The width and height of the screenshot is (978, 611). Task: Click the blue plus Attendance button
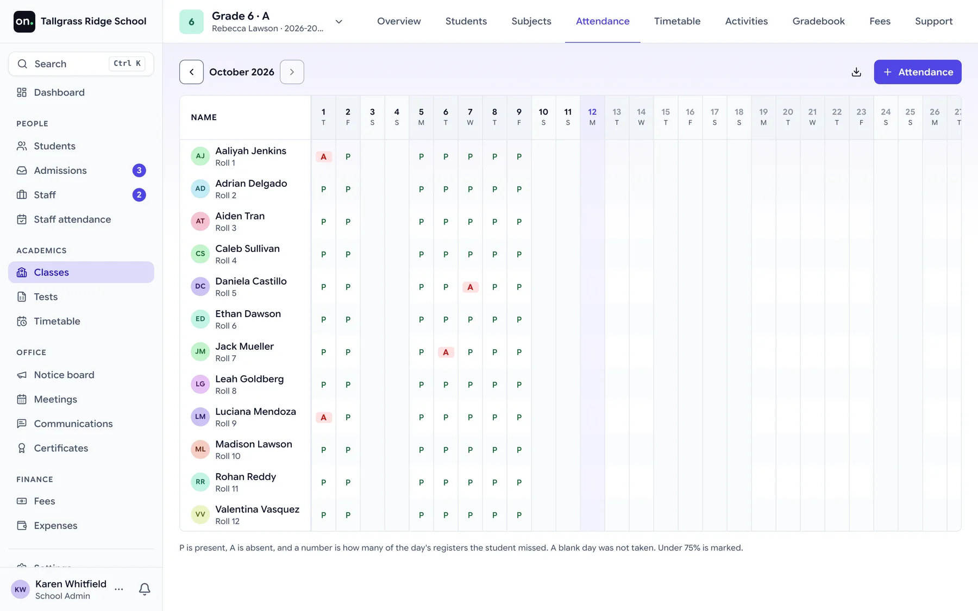point(917,72)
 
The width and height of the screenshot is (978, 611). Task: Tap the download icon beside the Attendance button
point(856,72)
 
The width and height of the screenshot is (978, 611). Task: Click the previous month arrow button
point(191,72)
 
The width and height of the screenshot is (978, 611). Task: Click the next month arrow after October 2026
point(292,72)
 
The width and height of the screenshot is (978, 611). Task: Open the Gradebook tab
point(818,21)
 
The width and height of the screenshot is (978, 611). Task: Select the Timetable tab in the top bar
point(677,21)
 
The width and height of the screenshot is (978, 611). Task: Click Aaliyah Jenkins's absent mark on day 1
point(323,156)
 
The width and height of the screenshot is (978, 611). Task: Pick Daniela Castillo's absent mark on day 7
point(470,287)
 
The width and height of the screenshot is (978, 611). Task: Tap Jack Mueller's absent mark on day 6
point(446,352)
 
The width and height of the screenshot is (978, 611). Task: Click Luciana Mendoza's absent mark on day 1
point(323,417)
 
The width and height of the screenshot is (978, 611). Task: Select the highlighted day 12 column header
point(592,117)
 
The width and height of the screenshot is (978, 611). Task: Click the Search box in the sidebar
point(81,64)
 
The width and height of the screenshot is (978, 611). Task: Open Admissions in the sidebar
point(60,171)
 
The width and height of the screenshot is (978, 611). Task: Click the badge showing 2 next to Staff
point(139,194)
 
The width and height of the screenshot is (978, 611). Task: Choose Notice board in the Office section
point(64,375)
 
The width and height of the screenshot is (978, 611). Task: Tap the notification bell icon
point(145,589)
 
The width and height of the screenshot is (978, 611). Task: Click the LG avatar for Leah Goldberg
point(200,384)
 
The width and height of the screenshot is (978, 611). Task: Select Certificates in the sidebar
point(61,448)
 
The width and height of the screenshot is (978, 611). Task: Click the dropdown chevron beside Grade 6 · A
point(338,22)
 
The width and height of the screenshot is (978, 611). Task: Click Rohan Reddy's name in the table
point(246,476)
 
